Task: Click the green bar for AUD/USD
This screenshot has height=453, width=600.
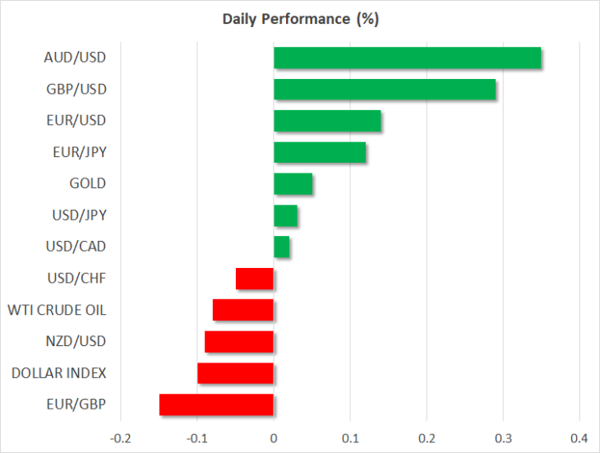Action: (407, 58)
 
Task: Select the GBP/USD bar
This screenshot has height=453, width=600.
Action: (385, 89)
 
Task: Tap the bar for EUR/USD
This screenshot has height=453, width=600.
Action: (327, 121)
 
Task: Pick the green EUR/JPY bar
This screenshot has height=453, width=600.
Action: (320, 152)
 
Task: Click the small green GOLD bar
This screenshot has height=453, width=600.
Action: (293, 183)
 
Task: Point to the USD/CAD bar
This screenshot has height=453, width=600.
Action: (282, 247)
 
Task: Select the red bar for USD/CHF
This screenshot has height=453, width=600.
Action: (255, 279)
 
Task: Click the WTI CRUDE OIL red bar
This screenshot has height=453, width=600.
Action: (243, 310)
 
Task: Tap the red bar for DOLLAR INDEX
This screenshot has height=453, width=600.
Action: (235, 373)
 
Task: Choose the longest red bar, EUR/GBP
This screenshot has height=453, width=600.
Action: (216, 404)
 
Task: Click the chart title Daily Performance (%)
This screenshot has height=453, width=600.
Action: (300, 19)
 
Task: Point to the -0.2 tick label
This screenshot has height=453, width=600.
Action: (121, 438)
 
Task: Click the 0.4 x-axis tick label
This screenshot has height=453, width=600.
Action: (579, 438)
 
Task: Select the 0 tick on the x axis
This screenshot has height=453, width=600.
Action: (274, 438)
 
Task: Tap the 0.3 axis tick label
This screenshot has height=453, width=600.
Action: (503, 438)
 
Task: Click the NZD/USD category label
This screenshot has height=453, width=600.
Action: (76, 341)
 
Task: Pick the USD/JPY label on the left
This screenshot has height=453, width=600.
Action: (79, 215)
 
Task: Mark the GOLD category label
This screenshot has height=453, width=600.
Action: (88, 183)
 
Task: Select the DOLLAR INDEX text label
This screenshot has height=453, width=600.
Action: (58, 373)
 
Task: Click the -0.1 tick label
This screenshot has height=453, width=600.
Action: (197, 438)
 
